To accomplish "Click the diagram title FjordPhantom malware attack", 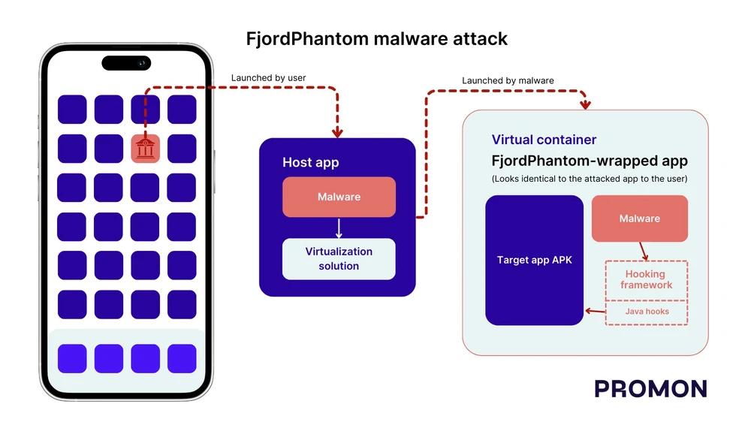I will (x=376, y=38).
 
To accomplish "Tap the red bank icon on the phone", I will (x=145, y=149).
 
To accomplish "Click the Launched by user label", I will (x=268, y=78).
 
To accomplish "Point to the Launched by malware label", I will (x=508, y=80).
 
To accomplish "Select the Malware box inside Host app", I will (x=339, y=197).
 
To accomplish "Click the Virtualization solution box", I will (x=339, y=259).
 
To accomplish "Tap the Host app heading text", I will (x=310, y=162).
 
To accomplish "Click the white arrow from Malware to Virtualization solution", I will (x=339, y=228).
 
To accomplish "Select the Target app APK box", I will (x=534, y=260).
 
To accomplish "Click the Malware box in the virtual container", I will (x=639, y=219).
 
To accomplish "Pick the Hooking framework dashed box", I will (x=647, y=279).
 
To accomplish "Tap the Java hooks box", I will (x=647, y=312).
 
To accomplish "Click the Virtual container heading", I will (x=544, y=140).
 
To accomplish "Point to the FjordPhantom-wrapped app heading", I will (x=590, y=161).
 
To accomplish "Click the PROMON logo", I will (x=650, y=388).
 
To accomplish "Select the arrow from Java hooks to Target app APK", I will (x=595, y=311).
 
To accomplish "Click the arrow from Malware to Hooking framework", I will (x=643, y=251).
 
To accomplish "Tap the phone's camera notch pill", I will (x=126, y=63).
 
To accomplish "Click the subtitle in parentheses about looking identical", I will (x=590, y=179).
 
